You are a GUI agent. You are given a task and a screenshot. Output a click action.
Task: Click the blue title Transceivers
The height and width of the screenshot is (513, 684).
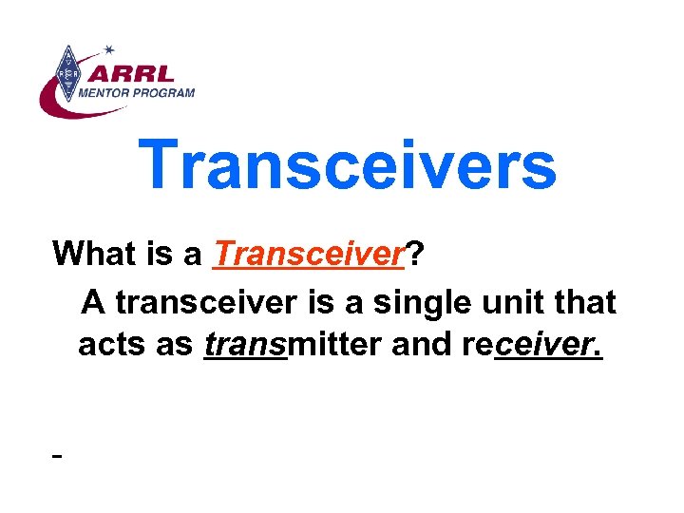click(347, 165)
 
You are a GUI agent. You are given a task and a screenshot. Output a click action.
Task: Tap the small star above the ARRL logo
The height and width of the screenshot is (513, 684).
click(109, 48)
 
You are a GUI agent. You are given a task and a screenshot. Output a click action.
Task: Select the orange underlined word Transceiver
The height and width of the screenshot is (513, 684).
click(309, 254)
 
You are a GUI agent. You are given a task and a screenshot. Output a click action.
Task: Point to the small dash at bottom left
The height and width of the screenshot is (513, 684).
click(58, 457)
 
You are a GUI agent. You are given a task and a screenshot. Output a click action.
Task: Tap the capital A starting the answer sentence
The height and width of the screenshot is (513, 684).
click(92, 302)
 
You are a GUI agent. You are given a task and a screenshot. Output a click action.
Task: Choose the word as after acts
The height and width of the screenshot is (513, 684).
click(174, 345)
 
